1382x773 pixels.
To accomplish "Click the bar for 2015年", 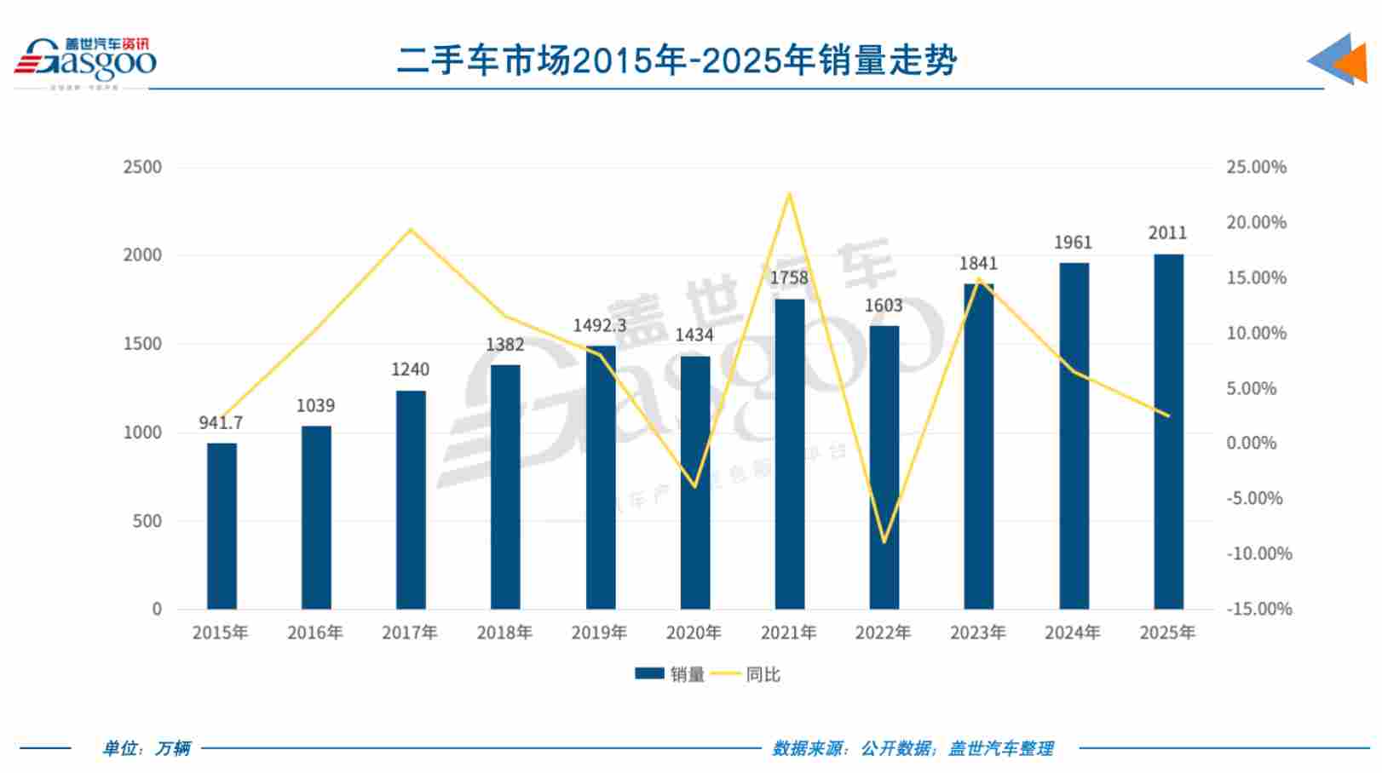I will click(222, 526).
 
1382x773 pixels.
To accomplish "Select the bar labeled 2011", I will click(1168, 432).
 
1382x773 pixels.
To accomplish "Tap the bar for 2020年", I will click(695, 483).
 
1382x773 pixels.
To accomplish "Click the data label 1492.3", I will click(599, 325).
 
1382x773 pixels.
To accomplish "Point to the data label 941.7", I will click(221, 422).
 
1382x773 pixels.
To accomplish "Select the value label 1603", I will click(884, 306).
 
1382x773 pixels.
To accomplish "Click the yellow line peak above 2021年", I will click(790, 193).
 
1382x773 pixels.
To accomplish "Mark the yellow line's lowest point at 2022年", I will click(884, 542).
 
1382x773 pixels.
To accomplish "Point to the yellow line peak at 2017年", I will click(411, 229).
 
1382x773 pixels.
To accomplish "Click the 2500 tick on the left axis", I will click(142, 167).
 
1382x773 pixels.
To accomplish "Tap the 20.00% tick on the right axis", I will click(1256, 222).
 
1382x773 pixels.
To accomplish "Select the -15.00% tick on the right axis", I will click(1258, 609).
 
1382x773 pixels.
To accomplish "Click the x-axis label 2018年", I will click(504, 633).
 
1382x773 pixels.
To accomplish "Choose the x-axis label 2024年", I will click(1073, 633).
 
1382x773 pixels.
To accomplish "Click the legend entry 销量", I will click(671, 674).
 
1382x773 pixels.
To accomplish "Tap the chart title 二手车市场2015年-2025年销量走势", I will click(677, 60).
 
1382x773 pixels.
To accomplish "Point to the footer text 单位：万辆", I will click(147, 748).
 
